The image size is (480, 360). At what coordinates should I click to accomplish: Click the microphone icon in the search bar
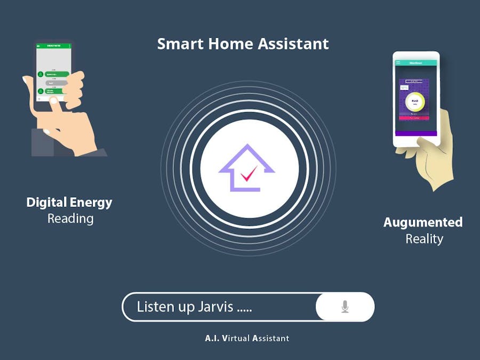(x=345, y=307)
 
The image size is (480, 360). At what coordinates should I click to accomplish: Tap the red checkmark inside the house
(x=248, y=174)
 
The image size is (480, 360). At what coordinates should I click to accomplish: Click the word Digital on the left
(x=46, y=203)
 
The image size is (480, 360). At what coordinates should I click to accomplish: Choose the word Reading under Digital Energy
(x=70, y=219)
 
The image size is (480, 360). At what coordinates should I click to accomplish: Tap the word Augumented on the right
(x=423, y=222)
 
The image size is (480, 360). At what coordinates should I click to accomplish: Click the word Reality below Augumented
(x=424, y=239)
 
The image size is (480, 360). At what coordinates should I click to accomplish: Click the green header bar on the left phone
(x=53, y=46)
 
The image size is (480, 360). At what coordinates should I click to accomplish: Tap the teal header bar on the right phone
(x=415, y=63)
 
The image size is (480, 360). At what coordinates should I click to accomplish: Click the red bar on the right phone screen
(x=414, y=117)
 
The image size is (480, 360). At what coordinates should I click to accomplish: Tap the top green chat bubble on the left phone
(x=57, y=74)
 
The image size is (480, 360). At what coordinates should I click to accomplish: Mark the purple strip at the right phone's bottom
(x=415, y=133)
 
